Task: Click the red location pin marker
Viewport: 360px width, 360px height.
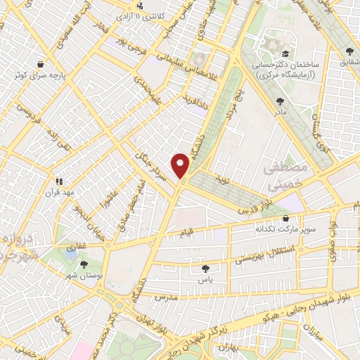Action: [x=181, y=165]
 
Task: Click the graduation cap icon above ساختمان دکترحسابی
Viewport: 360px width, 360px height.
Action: [x=285, y=54]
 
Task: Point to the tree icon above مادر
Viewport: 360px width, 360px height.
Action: [x=281, y=101]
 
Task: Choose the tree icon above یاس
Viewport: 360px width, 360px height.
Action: [x=205, y=268]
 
